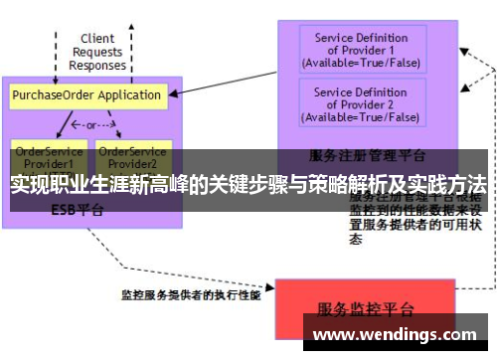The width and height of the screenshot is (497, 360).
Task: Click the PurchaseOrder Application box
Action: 86,95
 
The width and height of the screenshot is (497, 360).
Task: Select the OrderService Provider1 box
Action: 43,156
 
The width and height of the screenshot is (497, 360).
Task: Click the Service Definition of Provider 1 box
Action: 361,50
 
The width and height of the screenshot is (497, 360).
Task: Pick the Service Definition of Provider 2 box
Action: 361,104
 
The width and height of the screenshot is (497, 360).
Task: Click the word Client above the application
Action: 97,39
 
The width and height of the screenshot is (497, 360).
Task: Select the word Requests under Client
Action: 97,52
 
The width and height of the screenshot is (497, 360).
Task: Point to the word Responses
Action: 97,65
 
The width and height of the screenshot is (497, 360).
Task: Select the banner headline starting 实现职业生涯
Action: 248,184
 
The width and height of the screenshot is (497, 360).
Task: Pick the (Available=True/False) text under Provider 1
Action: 361,63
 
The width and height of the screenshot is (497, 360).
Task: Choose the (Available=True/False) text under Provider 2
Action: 361,117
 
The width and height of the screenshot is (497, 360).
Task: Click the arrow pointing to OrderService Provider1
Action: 62,127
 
